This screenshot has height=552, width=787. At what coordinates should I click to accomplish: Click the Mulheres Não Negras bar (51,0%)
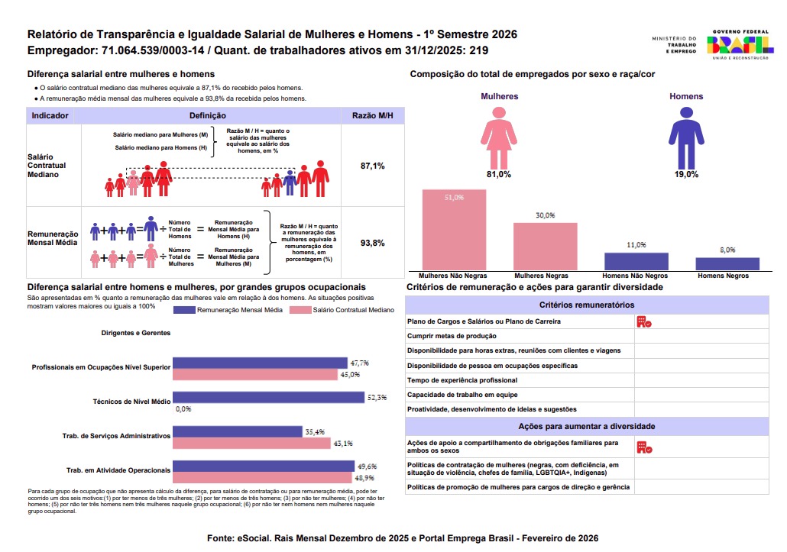click(x=454, y=230)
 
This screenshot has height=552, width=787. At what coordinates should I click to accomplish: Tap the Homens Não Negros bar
click(x=636, y=262)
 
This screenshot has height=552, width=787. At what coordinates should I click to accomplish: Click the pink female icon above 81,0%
click(x=499, y=138)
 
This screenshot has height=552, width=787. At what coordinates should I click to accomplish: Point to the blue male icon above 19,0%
click(x=686, y=138)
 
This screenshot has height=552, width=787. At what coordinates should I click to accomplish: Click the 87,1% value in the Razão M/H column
click(x=372, y=166)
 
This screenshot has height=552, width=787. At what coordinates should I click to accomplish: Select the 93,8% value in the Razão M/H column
click(x=372, y=243)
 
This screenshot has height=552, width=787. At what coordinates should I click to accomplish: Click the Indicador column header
click(x=50, y=116)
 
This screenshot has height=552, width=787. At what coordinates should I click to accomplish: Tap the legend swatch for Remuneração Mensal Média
click(x=183, y=310)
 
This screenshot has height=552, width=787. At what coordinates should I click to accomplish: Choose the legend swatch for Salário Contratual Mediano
click(x=300, y=310)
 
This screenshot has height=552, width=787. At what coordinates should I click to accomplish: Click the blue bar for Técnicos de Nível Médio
click(x=268, y=398)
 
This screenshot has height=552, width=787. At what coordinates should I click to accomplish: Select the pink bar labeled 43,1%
click(x=252, y=444)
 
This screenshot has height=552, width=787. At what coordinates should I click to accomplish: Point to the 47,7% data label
click(x=359, y=363)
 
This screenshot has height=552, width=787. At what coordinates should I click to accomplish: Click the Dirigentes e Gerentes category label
click(x=135, y=333)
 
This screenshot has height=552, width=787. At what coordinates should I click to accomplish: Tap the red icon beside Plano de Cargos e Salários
click(x=644, y=322)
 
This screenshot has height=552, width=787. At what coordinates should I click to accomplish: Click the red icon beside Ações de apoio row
click(x=644, y=447)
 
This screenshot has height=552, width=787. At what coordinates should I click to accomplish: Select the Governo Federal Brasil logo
click(x=740, y=44)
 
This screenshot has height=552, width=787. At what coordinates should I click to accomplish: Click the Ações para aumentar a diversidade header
click(x=587, y=426)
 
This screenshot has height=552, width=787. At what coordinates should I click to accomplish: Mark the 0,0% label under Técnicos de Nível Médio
click(x=183, y=409)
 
